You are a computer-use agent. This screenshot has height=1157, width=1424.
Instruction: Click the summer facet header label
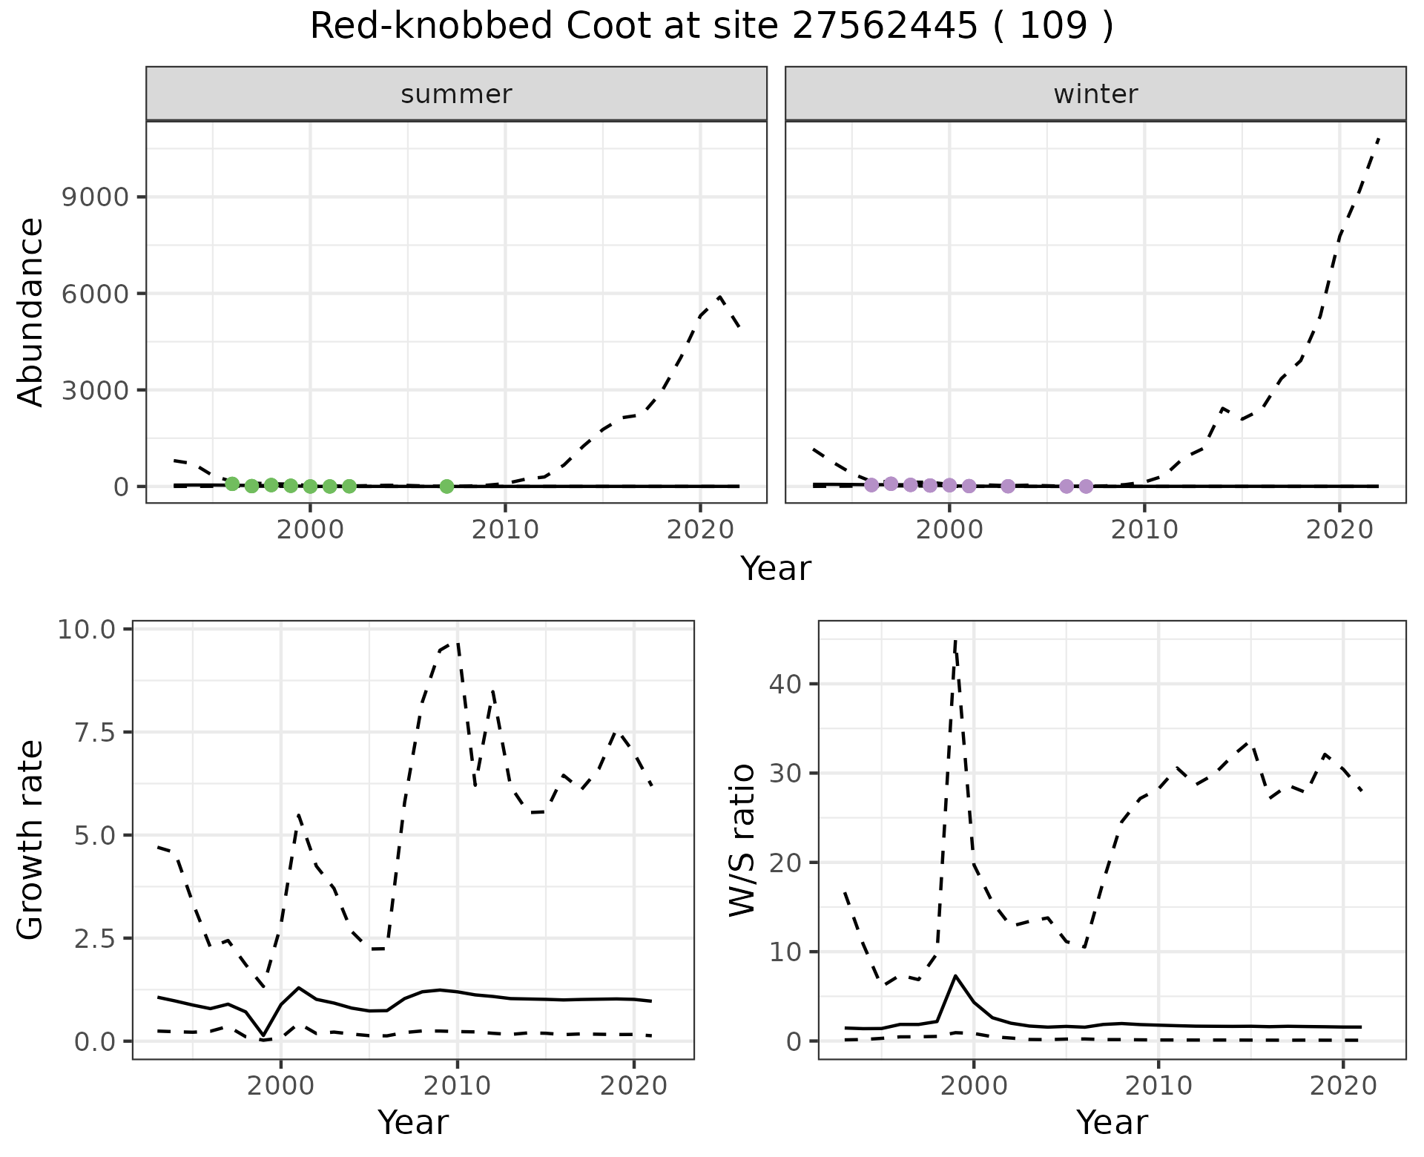456,94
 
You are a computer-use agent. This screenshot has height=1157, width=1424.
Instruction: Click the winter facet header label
1095,94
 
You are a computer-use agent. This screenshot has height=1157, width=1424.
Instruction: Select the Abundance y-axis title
31,311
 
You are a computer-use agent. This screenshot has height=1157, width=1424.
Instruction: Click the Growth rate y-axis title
31,840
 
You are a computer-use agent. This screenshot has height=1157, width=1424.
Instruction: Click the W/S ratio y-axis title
742,840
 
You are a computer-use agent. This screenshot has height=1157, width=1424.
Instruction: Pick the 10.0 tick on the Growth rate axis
86,630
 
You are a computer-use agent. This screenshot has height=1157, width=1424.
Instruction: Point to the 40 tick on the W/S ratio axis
785,684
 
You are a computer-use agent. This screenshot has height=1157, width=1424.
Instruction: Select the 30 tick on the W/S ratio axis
785,774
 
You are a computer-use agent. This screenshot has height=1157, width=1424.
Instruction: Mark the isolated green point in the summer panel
446,487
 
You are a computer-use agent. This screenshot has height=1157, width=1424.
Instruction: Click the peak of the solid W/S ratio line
955,976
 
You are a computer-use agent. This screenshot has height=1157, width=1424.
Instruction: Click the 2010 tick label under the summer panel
505,530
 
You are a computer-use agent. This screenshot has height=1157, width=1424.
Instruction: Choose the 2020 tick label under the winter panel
1339,530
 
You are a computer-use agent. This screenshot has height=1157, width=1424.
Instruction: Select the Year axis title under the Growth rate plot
413,1122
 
